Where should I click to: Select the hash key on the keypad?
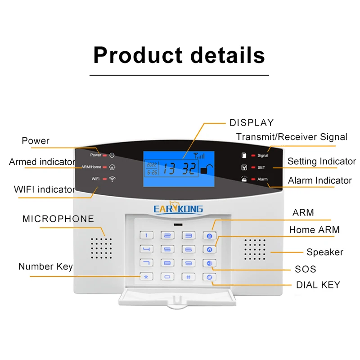pos(188,277)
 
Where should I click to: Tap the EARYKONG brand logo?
pos(179,208)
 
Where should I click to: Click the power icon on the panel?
pos(112,155)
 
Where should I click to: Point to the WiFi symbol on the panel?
pos(112,179)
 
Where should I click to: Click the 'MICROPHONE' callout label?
pos(58,219)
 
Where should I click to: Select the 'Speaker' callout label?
pos(324,252)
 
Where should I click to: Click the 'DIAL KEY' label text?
pos(318,284)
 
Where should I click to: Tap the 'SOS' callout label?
pos(306,269)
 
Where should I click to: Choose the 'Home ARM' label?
pos(314,229)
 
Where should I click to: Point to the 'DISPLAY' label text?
pos(252,122)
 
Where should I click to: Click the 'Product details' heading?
pos(179,55)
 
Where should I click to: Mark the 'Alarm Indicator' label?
pos(320,180)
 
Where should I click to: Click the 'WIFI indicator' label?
pos(45,189)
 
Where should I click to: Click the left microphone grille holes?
pos(102,248)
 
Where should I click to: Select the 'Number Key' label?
pos(45,266)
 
